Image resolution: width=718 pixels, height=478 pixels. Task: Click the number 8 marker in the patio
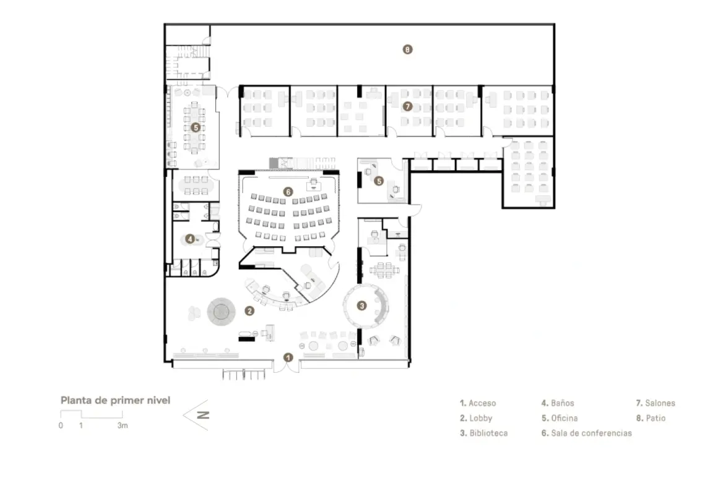[407, 49]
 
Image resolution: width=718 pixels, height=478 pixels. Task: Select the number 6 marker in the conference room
[288, 192]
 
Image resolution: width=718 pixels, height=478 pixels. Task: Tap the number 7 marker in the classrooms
[407, 106]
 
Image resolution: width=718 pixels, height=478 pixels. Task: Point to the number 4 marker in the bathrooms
[190, 237]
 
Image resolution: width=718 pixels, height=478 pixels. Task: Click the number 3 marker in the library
[362, 304]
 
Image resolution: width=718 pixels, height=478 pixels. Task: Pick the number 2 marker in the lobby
[249, 311]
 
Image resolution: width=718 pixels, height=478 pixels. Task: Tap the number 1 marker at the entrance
[287, 357]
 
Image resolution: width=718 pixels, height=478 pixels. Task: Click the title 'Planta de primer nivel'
[115, 400]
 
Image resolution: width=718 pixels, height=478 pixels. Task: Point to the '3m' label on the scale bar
[123, 426]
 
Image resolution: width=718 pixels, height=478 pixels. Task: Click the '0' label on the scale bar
[61, 426]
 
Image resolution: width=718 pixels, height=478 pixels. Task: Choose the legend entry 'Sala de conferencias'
[587, 433]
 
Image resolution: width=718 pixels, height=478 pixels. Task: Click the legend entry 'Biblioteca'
[483, 433]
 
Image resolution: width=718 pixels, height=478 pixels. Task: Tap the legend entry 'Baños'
[558, 403]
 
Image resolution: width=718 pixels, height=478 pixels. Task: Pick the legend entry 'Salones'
[655, 403]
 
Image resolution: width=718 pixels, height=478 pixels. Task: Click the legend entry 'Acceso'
[477, 403]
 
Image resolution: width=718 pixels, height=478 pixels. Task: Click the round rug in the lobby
[221, 310]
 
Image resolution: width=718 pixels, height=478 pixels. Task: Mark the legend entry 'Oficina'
[560, 418]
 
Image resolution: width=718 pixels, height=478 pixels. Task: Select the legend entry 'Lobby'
[476, 418]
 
